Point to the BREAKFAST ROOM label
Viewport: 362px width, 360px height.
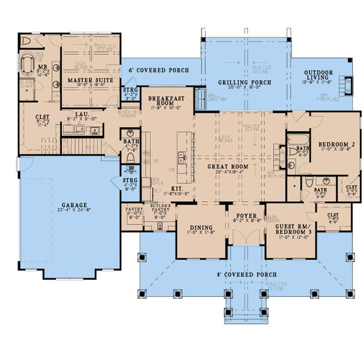click(x=165, y=100)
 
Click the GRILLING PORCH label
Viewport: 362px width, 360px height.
click(x=244, y=82)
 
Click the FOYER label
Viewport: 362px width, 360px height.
click(x=246, y=216)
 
